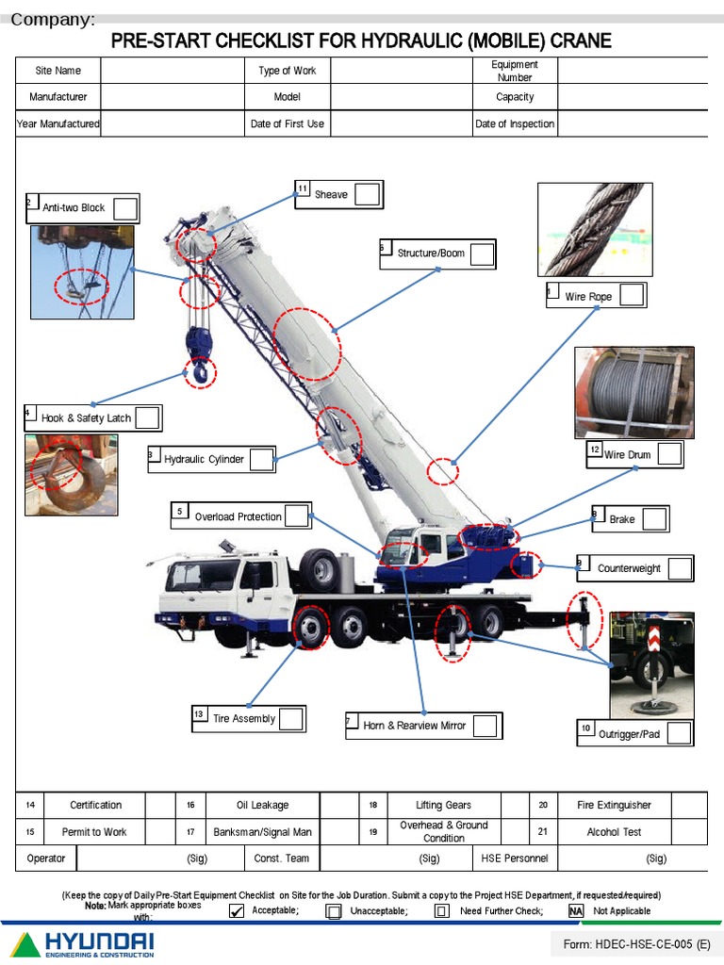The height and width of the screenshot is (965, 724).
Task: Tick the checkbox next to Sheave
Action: (x=367, y=194)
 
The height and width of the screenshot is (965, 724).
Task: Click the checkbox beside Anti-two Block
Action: (x=125, y=208)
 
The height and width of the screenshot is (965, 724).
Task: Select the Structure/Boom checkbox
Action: (x=481, y=254)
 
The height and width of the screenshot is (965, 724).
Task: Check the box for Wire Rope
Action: (x=631, y=295)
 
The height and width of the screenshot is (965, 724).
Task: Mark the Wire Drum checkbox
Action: (x=668, y=454)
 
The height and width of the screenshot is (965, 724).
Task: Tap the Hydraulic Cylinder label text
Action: (x=204, y=460)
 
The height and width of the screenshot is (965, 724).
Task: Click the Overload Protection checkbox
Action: (x=296, y=515)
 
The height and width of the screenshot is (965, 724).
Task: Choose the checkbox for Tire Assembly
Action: (x=290, y=719)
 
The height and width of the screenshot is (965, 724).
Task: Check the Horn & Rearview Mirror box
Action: (x=485, y=726)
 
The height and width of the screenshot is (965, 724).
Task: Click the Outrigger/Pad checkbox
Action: (x=678, y=733)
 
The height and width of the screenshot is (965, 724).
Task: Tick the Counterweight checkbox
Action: (x=679, y=568)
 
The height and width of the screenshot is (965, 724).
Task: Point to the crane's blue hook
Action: (x=199, y=358)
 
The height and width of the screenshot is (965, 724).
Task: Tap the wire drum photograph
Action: (x=633, y=392)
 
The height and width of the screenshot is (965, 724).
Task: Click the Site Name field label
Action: (x=58, y=71)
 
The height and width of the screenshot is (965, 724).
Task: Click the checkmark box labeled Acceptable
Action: (x=237, y=911)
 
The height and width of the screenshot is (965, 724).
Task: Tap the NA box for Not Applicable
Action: (x=575, y=911)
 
